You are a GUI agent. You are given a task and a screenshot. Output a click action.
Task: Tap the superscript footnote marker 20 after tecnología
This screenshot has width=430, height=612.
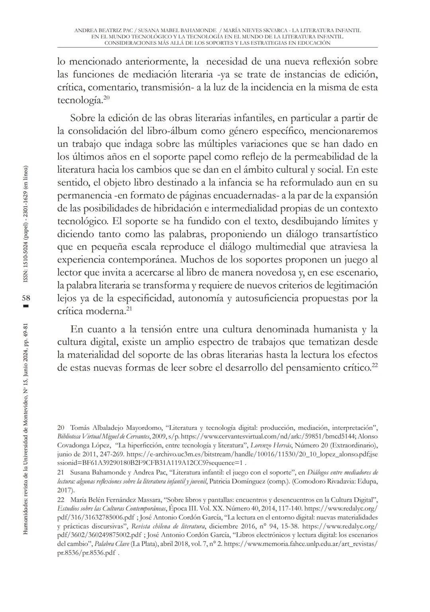pos(106,97)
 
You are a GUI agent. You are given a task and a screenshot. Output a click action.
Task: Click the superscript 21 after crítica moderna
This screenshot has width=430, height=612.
pos(129,308)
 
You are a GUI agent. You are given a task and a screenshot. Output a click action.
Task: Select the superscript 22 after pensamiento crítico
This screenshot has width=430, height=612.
pos(375,365)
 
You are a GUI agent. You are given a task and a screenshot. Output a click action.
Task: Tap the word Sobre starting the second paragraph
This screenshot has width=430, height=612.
pos(83,118)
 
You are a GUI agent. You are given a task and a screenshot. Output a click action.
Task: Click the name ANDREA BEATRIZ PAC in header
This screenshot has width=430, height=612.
pos(103,30)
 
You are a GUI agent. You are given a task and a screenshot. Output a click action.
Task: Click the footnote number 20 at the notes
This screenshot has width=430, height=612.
pos(61,428)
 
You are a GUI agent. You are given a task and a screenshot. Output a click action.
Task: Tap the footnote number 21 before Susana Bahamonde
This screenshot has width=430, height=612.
pos(61,473)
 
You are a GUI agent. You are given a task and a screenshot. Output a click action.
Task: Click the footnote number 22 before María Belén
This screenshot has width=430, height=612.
pos(61,500)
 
